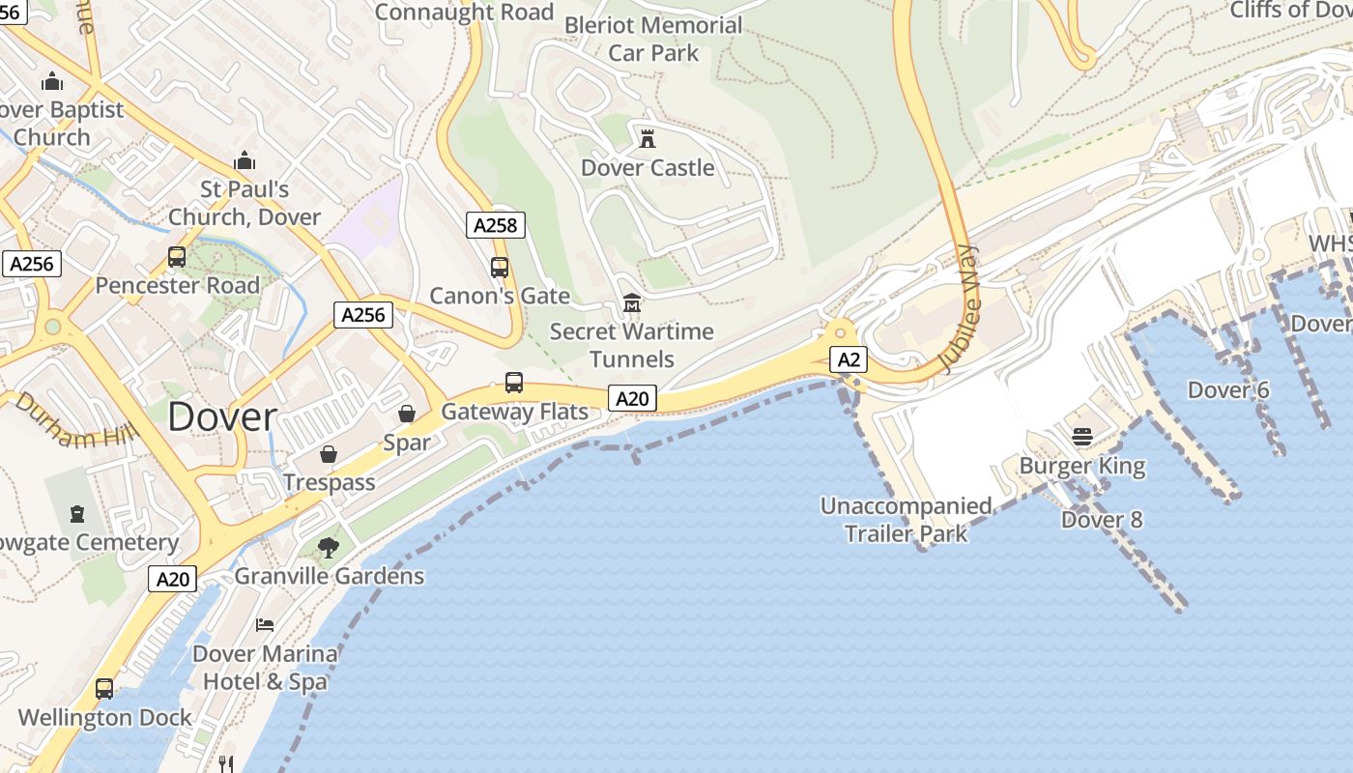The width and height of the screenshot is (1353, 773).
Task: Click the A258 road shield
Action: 497,226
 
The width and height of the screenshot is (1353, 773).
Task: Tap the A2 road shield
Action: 849,360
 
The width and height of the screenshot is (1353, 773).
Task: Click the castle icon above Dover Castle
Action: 648,138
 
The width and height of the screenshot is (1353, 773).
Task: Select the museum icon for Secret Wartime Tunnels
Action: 632,303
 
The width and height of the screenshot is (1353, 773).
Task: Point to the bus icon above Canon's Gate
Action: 500,268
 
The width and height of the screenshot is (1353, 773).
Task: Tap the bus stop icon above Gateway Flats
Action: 514,383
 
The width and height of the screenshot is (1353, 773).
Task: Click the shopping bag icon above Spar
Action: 407,414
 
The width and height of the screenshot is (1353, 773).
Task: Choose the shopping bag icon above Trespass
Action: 329,453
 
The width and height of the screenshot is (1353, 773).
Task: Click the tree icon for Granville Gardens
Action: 329,547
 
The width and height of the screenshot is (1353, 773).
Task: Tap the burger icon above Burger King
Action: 1082,437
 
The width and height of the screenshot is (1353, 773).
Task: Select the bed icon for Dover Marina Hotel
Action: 265,625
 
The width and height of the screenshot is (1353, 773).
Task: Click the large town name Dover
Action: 222,417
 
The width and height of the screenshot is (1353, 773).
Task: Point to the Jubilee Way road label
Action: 959,309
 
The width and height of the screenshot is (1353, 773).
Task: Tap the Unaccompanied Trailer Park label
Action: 906,520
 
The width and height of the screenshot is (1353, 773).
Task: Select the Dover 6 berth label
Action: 1228,390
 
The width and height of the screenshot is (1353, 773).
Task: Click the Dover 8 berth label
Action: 1102,520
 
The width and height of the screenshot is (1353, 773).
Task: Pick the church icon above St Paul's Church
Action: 245,160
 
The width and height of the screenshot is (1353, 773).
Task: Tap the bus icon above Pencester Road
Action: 177,257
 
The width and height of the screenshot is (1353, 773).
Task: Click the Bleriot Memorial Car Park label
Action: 653,39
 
